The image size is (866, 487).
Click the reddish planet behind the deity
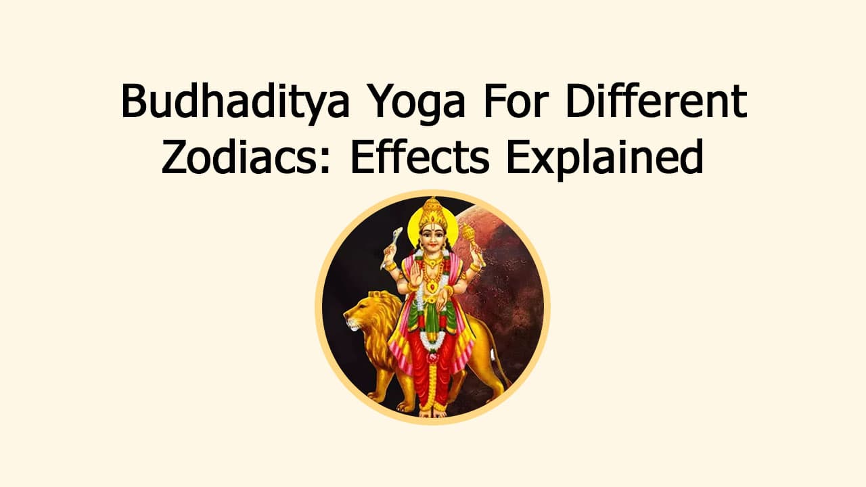click(x=507, y=271)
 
